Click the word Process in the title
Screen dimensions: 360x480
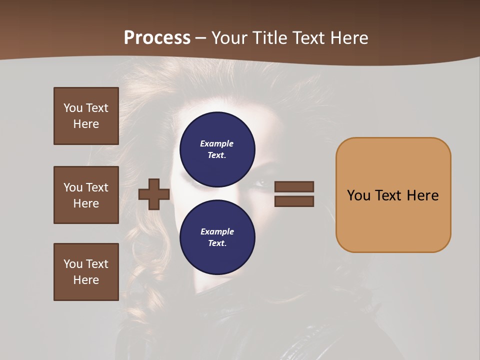click(x=157, y=38)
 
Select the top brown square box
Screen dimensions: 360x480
click(x=86, y=116)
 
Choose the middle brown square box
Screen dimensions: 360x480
click(x=86, y=195)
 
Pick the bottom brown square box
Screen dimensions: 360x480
click(x=86, y=272)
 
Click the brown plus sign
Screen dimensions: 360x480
click(x=154, y=194)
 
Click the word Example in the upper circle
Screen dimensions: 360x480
click(x=217, y=143)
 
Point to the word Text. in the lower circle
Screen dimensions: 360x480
click(x=217, y=243)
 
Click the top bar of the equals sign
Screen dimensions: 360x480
click(x=294, y=186)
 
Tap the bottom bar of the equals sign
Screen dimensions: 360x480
click(x=294, y=201)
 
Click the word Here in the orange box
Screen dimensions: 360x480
click(x=422, y=195)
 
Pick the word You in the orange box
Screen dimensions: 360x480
click(x=359, y=195)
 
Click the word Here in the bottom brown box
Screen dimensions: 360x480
click(x=86, y=280)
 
